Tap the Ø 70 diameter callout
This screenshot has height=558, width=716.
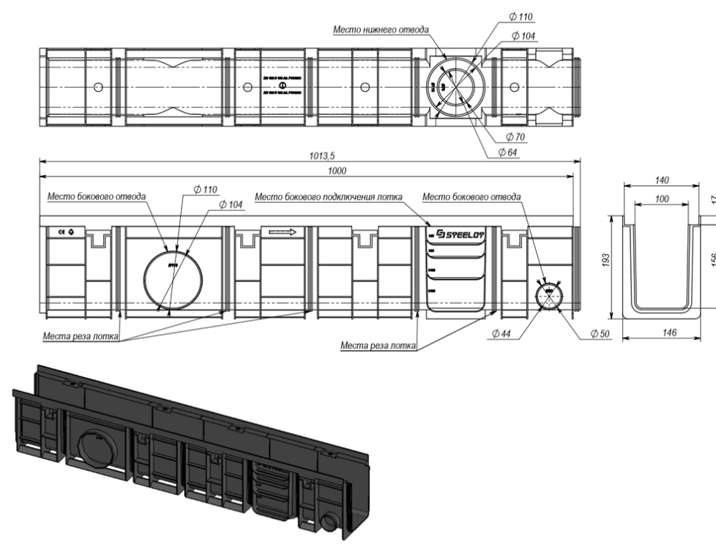point(508,136)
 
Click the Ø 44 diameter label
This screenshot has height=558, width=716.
point(502,333)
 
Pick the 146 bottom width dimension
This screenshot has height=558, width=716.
point(666,332)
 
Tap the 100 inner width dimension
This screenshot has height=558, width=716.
point(661,198)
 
